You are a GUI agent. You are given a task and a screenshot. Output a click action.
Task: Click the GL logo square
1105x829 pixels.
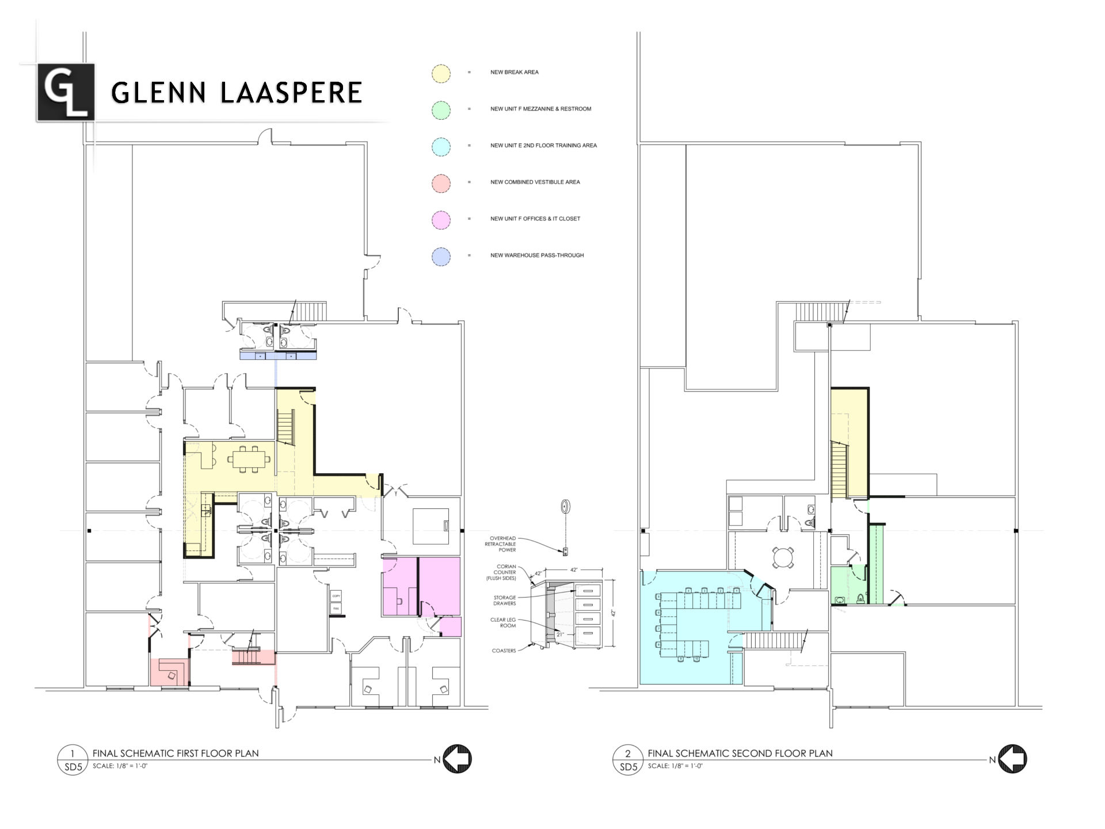coord(66,92)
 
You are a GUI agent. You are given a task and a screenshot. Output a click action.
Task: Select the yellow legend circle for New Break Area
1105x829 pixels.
coord(441,73)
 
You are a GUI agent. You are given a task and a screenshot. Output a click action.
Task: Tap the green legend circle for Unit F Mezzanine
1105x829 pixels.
coord(441,110)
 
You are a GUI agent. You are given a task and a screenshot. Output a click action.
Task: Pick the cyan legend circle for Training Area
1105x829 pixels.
coord(441,146)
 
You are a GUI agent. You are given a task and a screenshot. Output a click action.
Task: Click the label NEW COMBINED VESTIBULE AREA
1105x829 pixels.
coord(535,182)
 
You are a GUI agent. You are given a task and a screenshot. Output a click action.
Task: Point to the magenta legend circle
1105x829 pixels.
coord(441,219)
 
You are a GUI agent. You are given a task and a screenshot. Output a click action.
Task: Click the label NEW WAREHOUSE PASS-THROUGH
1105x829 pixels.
coord(536,255)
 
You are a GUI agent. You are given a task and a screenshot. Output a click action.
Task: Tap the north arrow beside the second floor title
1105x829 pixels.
coord(1012,759)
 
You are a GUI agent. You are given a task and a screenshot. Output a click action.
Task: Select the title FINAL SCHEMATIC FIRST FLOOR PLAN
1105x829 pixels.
coord(176,753)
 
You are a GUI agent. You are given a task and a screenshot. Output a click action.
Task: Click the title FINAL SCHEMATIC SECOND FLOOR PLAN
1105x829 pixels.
coord(740,753)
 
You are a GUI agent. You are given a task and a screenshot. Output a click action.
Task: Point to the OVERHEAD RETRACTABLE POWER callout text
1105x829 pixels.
coord(501,544)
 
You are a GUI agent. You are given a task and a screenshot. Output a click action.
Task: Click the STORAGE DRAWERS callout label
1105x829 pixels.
coord(504,600)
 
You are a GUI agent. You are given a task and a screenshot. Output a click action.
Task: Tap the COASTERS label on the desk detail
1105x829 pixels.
coord(504,651)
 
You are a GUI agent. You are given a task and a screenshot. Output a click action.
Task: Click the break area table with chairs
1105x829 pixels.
coord(249,459)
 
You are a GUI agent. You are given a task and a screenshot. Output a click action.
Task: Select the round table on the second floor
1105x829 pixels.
coord(783,557)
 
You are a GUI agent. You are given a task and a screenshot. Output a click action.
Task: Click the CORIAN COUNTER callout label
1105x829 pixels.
coord(501,572)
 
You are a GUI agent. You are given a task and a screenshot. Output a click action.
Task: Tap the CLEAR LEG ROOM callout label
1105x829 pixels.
coord(503,622)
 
